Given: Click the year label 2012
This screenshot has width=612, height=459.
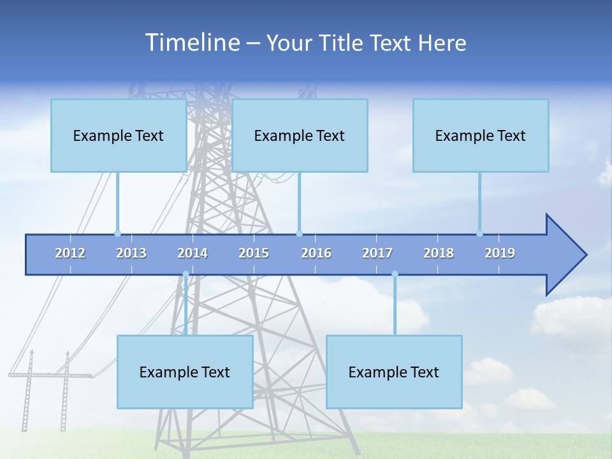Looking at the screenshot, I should (x=70, y=253).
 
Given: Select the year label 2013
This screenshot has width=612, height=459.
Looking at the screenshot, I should (x=131, y=253).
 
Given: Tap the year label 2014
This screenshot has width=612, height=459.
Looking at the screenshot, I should (x=193, y=253).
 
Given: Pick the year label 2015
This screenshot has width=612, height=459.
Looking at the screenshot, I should (x=254, y=253).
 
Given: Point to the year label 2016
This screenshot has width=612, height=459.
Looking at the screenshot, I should (x=316, y=253).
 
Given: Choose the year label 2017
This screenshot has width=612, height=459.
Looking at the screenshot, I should (x=377, y=253).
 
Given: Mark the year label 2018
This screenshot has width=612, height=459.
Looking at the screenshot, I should (x=439, y=253).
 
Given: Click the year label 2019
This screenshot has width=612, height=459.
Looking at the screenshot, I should (x=500, y=253).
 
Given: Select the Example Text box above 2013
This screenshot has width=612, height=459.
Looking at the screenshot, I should (x=119, y=135).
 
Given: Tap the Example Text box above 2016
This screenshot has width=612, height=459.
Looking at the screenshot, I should (x=300, y=135).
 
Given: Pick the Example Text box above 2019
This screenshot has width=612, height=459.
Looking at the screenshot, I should (x=481, y=135).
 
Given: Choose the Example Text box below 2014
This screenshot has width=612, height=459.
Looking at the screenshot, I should (x=185, y=372).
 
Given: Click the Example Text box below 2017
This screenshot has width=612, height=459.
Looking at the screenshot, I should (x=394, y=372).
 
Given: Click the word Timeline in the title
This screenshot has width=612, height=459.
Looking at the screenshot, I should (x=192, y=42).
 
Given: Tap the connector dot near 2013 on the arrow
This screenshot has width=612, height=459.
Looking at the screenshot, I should (x=117, y=233).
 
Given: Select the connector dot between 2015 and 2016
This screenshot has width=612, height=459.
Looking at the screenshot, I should (x=299, y=233).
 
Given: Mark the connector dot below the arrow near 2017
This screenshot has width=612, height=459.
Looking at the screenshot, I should (x=395, y=274).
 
